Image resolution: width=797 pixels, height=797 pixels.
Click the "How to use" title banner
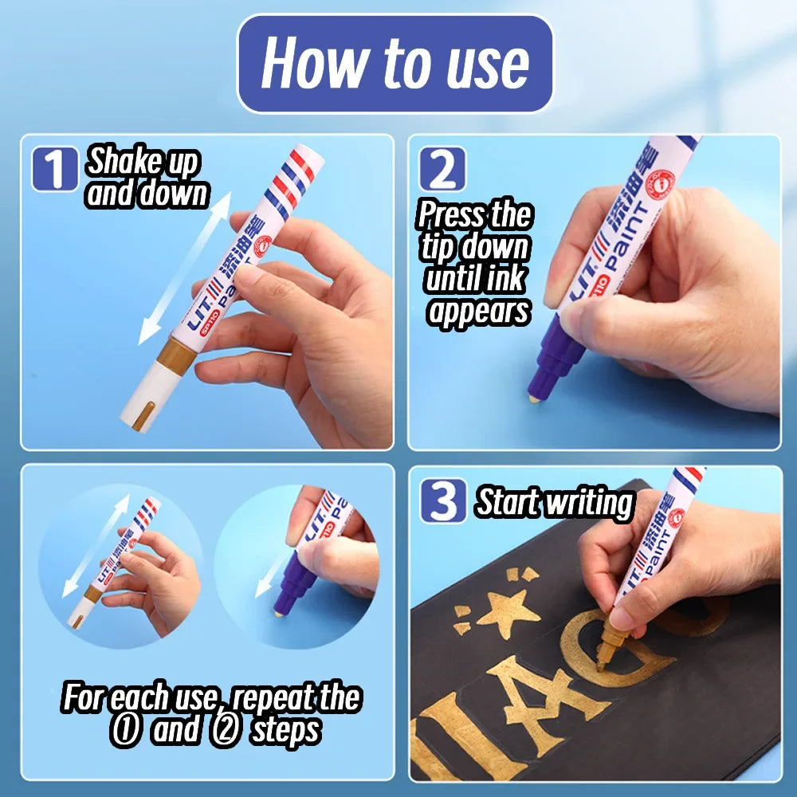click(395, 64)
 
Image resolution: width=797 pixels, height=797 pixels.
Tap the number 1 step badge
click(55, 169)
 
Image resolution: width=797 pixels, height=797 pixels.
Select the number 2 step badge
click(442, 169)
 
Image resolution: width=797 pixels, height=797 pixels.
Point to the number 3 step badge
click(442, 501)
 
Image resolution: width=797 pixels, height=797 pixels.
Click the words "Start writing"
click(554, 502)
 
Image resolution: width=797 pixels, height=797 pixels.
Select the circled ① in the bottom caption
click(124, 731)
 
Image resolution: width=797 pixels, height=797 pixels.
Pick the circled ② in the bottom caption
click(225, 731)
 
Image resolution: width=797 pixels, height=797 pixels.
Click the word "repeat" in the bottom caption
click(274, 698)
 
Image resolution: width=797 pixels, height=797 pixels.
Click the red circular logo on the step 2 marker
click(660, 184)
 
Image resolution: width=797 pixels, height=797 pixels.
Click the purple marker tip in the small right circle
click(290, 589)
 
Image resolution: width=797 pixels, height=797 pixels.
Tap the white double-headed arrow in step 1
click(185, 268)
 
